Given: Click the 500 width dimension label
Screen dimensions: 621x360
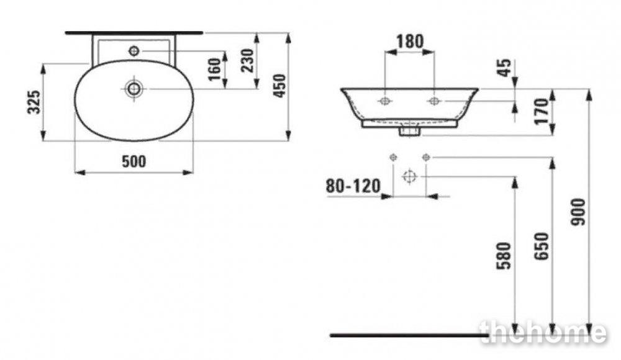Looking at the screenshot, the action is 134,161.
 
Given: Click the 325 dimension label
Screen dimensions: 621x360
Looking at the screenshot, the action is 34,102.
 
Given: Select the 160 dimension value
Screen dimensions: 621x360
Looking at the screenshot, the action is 214,69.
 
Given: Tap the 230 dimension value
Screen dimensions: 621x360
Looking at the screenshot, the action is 248,60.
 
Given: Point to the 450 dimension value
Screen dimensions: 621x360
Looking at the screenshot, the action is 279,86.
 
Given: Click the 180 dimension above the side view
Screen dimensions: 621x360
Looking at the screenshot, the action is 410,41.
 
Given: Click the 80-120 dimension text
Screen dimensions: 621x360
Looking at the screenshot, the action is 353,186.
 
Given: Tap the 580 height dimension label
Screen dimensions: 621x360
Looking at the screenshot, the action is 504,256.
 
